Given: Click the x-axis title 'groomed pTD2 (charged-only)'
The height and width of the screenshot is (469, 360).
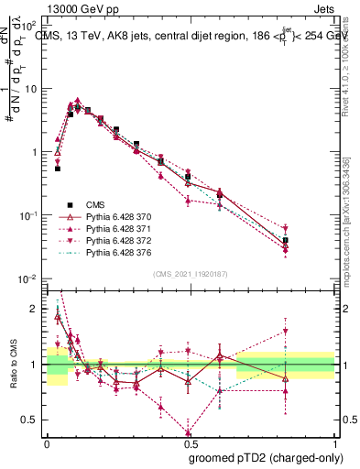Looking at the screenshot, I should (261, 457).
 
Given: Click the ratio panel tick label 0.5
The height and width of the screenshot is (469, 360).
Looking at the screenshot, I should (31, 420).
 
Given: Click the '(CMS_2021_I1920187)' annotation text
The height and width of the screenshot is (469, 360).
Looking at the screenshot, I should (190, 274).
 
